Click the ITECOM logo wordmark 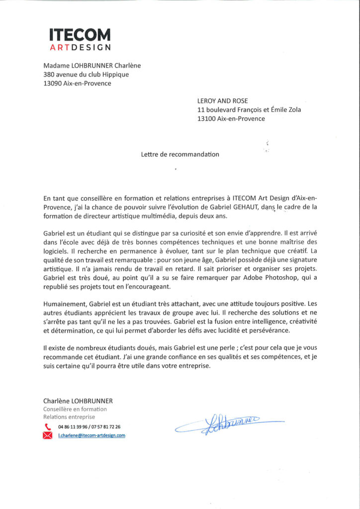(x=80, y=35)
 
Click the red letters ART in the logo (x=60, y=48)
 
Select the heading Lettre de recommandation (x=180, y=154)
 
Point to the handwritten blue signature (x=229, y=424)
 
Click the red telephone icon (x=48, y=426)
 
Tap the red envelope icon (x=48, y=435)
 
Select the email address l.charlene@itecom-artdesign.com (x=91, y=435)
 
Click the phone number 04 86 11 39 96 (x=72, y=426)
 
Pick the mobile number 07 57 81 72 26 (x=105, y=426)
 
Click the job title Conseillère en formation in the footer (x=75, y=409)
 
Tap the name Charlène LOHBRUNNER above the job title (x=78, y=401)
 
